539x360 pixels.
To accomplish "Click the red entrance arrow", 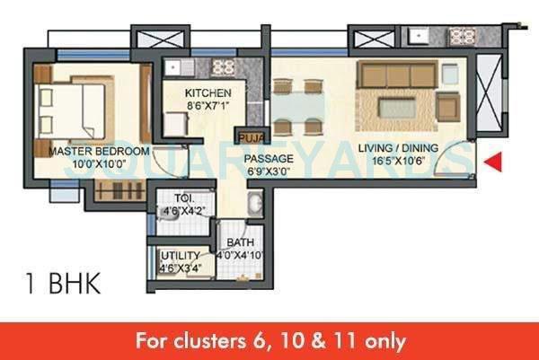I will (493, 162).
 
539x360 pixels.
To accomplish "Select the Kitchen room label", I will (208, 92).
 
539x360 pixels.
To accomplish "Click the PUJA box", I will (247, 137).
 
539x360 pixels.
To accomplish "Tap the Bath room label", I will (236, 243).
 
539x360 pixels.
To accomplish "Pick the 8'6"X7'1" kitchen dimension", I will (208, 105).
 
